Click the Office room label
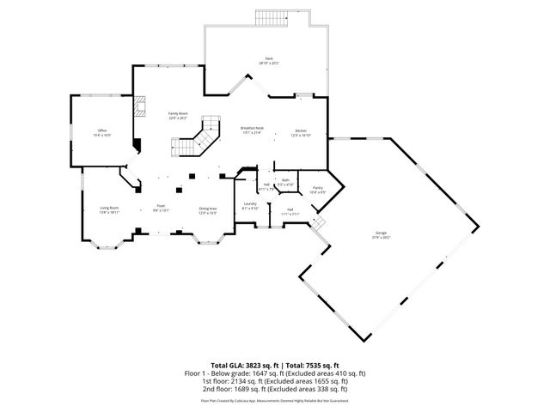tap(101, 132)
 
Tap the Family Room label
tap(178, 114)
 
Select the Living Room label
tap(108, 209)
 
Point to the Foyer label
tap(161, 206)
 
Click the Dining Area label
tap(208, 209)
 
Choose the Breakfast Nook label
tap(252, 128)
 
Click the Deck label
tap(267, 60)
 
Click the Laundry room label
tap(248, 204)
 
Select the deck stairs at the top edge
tap(271, 17)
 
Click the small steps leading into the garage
tap(320, 224)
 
